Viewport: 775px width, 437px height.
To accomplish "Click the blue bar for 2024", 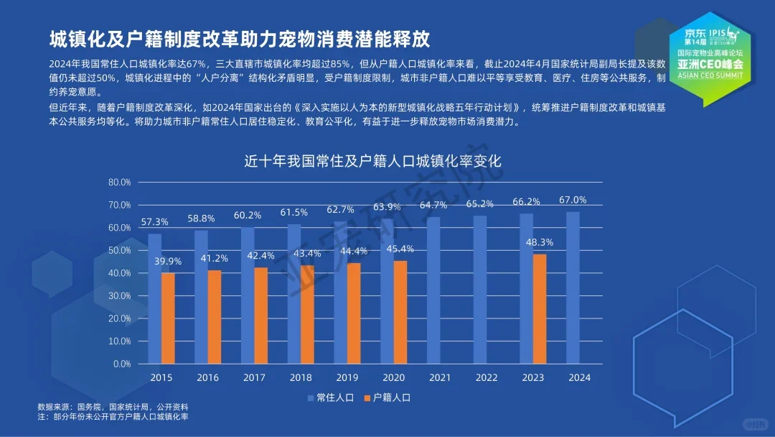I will pyautogui.click(x=573, y=287).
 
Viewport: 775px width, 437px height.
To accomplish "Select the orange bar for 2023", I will pyautogui.click(x=539, y=309).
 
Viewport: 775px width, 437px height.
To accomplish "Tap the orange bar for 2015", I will pyautogui.click(x=168, y=318).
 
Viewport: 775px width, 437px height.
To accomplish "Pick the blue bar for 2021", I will pyautogui.click(x=433, y=290).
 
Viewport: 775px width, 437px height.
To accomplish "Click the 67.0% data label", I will pyautogui.click(x=573, y=200).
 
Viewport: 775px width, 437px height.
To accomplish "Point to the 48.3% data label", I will pyautogui.click(x=539, y=242).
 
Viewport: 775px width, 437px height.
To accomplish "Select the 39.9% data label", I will pyautogui.click(x=167, y=262).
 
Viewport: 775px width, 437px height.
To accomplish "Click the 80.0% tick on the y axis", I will pyautogui.click(x=119, y=183).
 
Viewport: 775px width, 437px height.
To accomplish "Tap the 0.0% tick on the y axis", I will pyautogui.click(x=121, y=364).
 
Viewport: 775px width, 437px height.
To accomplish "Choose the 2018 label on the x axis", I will pyautogui.click(x=301, y=377).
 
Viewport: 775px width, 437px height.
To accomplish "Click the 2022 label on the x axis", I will pyautogui.click(x=487, y=377).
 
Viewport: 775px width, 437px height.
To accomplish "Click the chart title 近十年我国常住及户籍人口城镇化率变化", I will pyautogui.click(x=372, y=161).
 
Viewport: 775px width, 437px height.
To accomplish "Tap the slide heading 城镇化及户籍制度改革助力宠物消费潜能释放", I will pyautogui.click(x=239, y=37).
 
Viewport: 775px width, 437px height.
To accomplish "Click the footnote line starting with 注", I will pyautogui.click(x=113, y=417).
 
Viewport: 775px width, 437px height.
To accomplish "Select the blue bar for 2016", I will pyautogui.click(x=201, y=297).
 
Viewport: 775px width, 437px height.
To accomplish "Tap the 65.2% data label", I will pyautogui.click(x=480, y=204).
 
